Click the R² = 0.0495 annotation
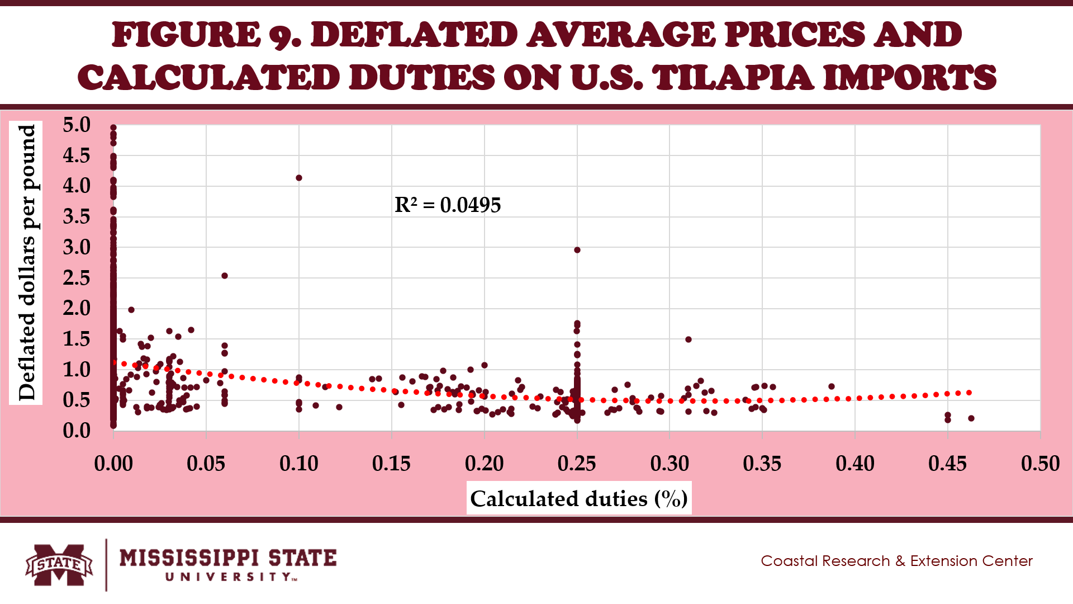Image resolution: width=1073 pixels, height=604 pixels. [x=448, y=205]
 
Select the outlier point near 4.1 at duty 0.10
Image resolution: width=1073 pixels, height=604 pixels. [x=299, y=178]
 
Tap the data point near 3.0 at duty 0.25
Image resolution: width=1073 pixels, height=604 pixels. [x=577, y=250]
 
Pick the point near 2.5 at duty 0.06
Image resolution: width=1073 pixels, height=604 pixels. [x=225, y=276]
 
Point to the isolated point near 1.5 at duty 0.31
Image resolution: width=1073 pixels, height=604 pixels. [x=689, y=339]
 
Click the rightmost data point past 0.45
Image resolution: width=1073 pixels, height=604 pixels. [x=971, y=418]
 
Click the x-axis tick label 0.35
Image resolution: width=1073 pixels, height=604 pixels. [x=762, y=464]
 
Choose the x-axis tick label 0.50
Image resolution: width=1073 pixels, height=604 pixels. [x=1040, y=464]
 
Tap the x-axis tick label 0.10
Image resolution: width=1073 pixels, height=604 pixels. [x=299, y=464]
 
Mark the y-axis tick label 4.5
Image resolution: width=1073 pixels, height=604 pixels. [x=77, y=155]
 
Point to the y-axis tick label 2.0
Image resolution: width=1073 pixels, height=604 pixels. [x=77, y=308]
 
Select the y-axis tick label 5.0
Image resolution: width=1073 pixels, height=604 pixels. [x=77, y=125]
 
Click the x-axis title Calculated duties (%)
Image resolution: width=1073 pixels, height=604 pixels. [x=579, y=498]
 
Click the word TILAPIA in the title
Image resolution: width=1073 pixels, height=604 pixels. [x=733, y=77]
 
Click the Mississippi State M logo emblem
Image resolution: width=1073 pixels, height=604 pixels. [x=59, y=565]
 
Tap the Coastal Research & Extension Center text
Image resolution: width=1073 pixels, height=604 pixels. [x=896, y=561]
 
